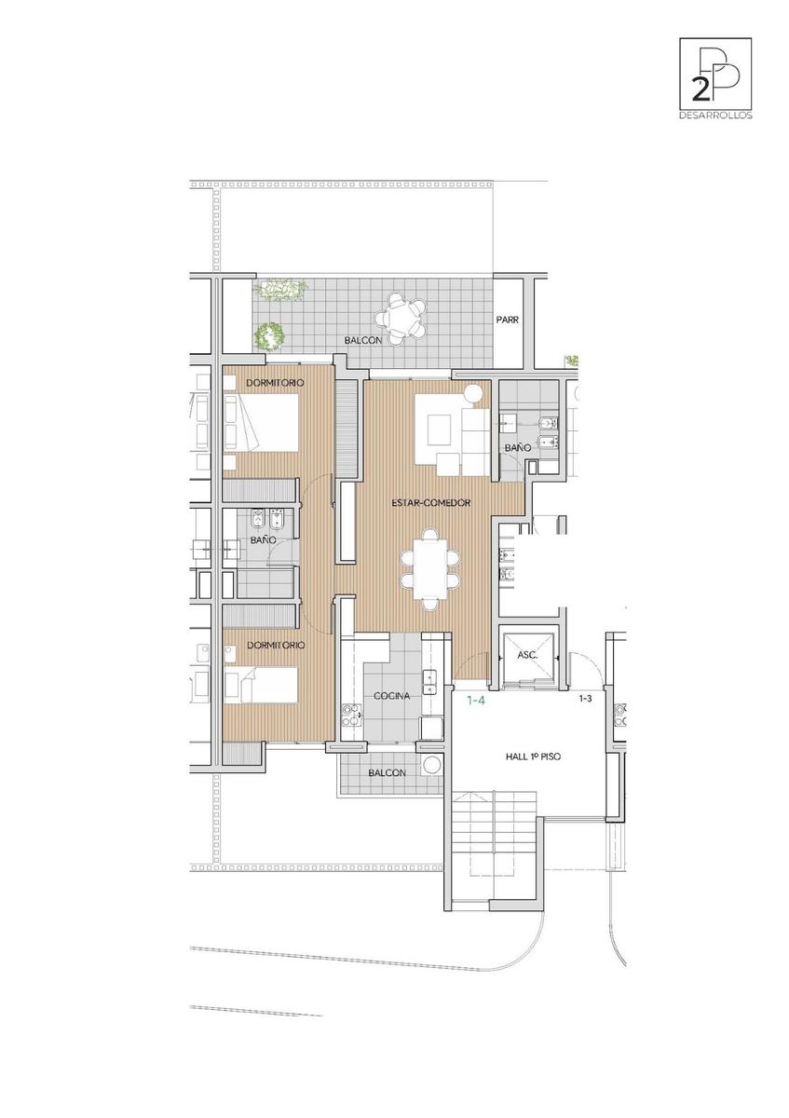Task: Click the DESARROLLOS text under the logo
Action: click(x=715, y=116)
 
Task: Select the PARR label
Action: click(x=507, y=320)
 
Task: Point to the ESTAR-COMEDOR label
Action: click(x=430, y=502)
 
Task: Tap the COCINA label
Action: click(x=392, y=696)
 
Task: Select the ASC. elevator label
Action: click(x=527, y=655)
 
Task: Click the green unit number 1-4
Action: click(x=476, y=701)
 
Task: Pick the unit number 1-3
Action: click(x=585, y=699)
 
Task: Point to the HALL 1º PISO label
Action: click(x=533, y=757)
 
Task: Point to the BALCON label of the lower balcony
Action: click(x=387, y=772)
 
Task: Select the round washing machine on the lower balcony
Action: click(x=431, y=764)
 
